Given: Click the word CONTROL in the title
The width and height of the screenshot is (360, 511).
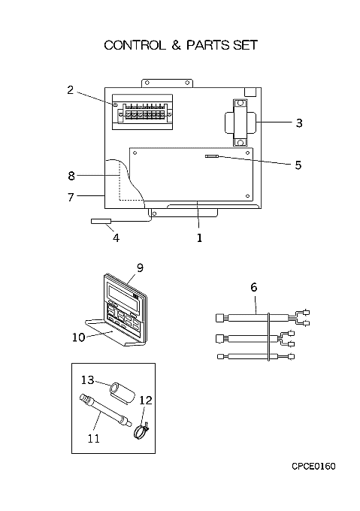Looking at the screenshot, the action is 135,45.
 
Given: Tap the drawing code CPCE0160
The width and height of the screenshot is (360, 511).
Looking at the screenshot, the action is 313,467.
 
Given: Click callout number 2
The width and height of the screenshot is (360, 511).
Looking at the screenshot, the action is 71,90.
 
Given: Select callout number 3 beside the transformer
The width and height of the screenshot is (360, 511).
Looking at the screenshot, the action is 299,122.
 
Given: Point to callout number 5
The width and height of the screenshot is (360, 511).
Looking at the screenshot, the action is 298,165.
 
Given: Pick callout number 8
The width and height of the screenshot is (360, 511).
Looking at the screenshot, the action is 71,176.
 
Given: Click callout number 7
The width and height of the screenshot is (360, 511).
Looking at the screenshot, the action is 71,197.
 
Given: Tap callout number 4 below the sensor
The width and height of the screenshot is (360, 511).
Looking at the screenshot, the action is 116,238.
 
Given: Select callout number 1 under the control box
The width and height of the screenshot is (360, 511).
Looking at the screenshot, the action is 199,238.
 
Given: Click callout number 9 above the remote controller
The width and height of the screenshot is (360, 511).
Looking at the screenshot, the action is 140,268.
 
